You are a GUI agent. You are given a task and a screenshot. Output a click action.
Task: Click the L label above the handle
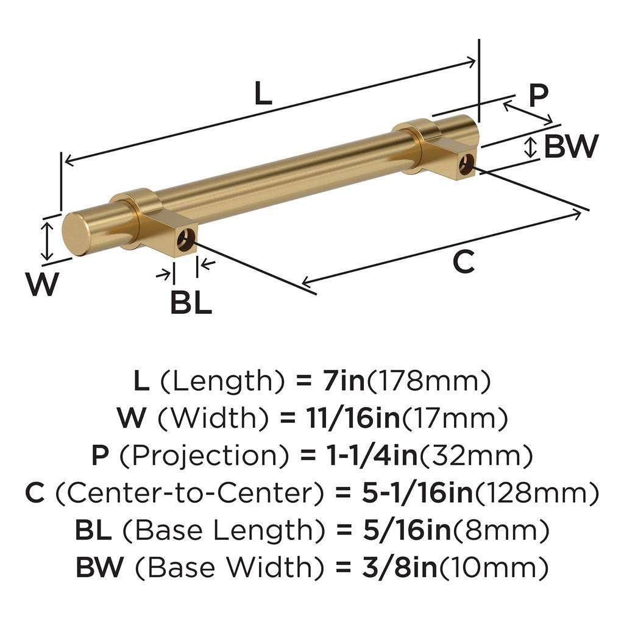263,94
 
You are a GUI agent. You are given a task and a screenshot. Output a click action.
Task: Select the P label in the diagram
538,95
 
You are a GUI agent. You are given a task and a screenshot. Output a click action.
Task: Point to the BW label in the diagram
571,147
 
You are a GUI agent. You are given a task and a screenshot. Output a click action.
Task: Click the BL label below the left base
191,302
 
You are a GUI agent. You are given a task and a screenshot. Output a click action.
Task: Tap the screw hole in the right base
467,165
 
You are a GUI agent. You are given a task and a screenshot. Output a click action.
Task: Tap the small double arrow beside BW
531,147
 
